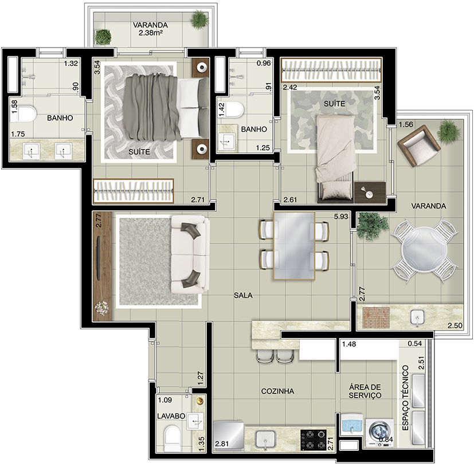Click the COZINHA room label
[277, 391]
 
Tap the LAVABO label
[171, 416]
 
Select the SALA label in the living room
[243, 295]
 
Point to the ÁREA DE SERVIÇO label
[365, 391]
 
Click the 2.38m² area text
[151, 33]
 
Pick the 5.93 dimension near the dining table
[340, 217]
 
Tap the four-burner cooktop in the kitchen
[313, 440]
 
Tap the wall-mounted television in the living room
[98, 258]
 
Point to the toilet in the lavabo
[172, 439]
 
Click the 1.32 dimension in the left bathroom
[70, 64]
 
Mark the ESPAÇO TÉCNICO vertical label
[406, 398]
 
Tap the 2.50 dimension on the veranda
[455, 325]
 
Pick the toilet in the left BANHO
[23, 113]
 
